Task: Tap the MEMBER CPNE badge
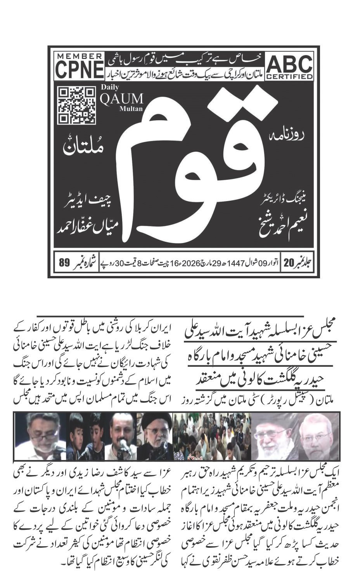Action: coord(80,66)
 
